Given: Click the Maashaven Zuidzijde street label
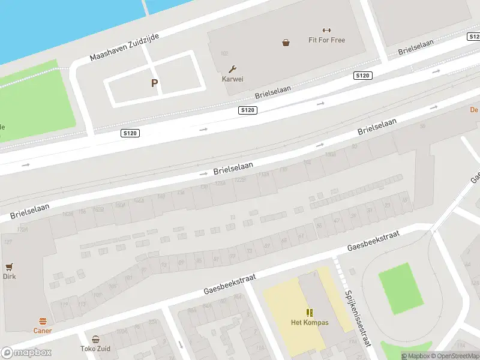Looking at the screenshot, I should (124, 47).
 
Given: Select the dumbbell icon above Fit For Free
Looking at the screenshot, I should (326, 31).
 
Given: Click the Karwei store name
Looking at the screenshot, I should (233, 79).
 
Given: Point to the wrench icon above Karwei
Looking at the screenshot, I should (233, 69).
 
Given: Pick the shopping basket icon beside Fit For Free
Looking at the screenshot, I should (286, 42).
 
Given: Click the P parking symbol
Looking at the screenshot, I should (154, 83).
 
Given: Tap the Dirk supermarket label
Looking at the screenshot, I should (9, 277).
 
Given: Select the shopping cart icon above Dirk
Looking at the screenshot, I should (9, 267).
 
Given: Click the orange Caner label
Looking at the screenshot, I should (43, 331).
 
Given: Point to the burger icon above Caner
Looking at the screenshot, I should (43, 321).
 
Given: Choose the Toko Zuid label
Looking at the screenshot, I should (95, 348).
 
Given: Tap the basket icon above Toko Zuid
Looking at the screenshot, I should (95, 339).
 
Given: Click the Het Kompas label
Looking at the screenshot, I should (309, 322).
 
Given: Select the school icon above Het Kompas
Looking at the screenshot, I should (309, 313).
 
